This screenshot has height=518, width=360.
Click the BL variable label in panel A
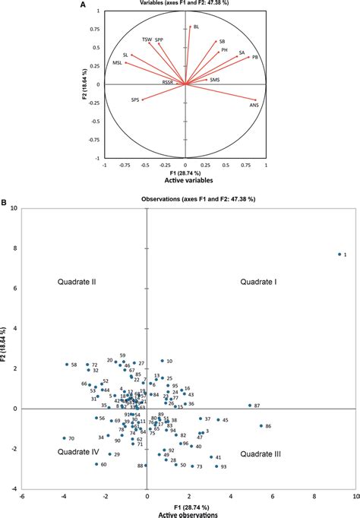(196, 27)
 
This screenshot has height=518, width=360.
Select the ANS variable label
(255, 106)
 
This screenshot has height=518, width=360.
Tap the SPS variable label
(134, 99)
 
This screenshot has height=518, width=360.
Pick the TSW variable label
(147, 39)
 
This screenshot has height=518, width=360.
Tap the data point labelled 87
(249, 406)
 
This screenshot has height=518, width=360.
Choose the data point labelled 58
(67, 365)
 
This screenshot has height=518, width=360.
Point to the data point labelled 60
(96, 464)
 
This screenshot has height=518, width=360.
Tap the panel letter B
(5, 204)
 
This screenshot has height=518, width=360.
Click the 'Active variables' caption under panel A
(185, 182)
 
